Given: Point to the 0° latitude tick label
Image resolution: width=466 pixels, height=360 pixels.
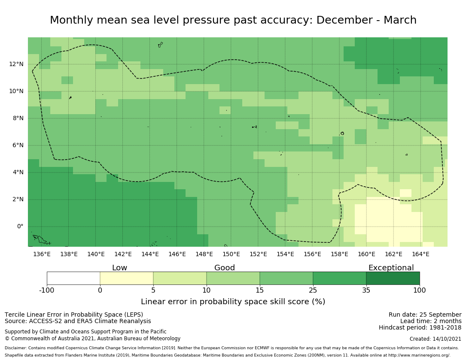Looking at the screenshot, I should point(20,227).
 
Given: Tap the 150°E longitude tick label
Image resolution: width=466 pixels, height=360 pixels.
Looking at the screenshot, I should point(231,254).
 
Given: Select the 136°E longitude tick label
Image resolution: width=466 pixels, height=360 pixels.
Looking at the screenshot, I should point(42,254).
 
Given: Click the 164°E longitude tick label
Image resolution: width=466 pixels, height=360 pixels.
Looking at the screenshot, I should point(420,254).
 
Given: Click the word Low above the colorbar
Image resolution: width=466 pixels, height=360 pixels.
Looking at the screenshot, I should point(119,268).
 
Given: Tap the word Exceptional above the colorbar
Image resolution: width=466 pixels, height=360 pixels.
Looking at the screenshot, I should point(391,268).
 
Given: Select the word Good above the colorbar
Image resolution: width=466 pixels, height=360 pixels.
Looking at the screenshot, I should point(225,268).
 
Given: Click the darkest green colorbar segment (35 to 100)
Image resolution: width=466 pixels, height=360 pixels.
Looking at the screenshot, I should point(393,278).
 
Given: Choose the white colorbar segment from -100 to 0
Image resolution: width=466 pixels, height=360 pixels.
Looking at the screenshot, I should point(73,278).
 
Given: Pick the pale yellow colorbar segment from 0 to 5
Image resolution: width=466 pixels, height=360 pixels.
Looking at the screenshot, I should point(127,278).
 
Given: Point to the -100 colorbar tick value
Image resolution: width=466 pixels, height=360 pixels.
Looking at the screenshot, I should point(47,290).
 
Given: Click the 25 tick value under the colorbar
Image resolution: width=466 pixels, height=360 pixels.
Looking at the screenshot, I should point(313,290).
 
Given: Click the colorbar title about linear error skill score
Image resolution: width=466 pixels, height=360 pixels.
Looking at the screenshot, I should point(233,302).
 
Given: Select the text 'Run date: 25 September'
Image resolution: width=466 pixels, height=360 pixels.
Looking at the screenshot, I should point(425,315).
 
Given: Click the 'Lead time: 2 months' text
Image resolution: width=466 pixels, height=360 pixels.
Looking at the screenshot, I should point(431,321).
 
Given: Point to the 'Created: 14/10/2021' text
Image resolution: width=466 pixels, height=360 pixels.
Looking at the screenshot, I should point(436,339).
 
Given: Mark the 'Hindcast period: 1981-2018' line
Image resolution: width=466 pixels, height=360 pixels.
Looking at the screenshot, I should point(420,327).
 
